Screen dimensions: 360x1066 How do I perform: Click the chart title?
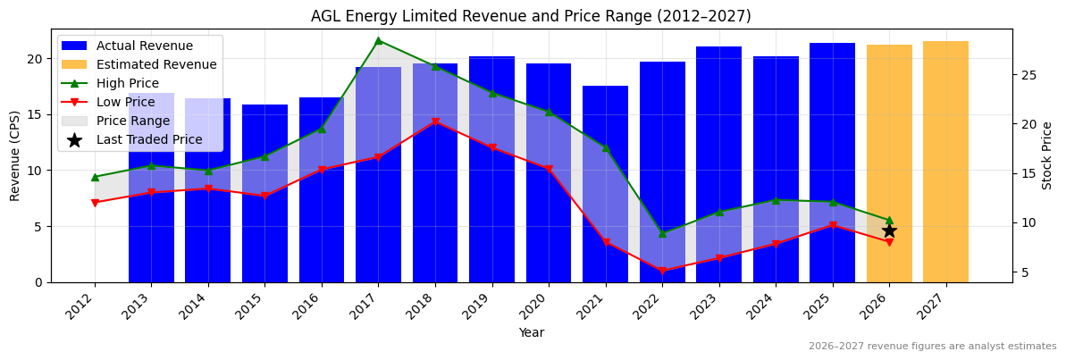point(531,16)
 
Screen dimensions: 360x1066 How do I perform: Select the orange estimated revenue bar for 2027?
point(945,161)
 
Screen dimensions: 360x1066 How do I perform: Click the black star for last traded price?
point(889,230)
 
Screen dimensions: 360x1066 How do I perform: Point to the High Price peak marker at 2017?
point(378,40)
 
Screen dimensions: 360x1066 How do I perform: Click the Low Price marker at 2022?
point(662,271)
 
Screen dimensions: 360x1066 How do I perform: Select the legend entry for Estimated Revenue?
point(156,64)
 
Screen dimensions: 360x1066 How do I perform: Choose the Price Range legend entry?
point(133,121)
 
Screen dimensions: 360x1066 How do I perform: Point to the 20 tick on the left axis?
point(36,59)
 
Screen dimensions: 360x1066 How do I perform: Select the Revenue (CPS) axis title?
point(15,155)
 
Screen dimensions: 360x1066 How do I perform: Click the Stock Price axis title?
point(1047,155)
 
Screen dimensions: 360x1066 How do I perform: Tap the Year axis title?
point(532,332)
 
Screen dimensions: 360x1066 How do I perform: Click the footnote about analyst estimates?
point(932,347)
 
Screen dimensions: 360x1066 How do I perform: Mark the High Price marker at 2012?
point(95,177)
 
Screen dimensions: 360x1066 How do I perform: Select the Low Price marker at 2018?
point(435,122)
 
